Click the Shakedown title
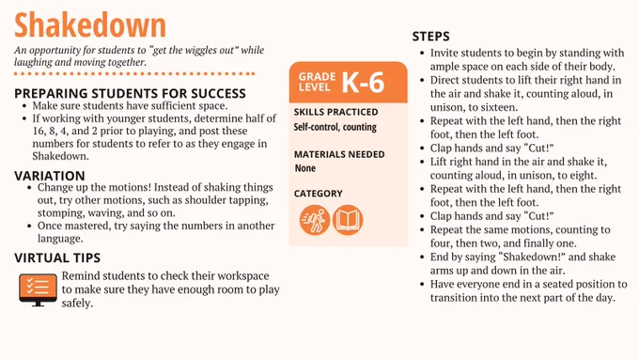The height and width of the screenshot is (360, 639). (x=90, y=24)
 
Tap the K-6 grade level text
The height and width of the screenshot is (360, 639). (x=363, y=83)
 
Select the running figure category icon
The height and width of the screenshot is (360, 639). (x=314, y=220)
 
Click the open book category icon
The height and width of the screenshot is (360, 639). (x=348, y=220)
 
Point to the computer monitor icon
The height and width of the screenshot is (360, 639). (x=38, y=290)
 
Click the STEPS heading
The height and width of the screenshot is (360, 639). (x=430, y=37)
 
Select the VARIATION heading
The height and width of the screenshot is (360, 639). (x=50, y=176)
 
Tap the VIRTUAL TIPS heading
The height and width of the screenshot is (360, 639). (x=57, y=258)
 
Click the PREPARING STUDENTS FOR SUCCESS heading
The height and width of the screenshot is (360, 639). (x=130, y=93)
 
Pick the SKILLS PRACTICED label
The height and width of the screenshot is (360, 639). (x=335, y=112)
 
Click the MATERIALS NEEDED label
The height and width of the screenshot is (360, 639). (x=339, y=154)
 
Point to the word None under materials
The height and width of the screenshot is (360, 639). (x=305, y=168)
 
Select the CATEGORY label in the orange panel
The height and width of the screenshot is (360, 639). (x=319, y=194)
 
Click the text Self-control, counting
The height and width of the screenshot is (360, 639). (x=335, y=127)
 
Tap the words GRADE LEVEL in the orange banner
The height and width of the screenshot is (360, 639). (x=317, y=82)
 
